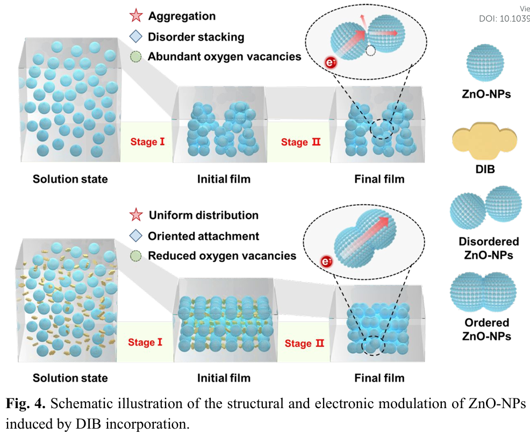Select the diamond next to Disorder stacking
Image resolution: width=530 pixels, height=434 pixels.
coord(137,37)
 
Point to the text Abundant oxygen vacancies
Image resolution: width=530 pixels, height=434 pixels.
coord(225,56)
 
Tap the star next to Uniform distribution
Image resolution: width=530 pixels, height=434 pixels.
coord(137,215)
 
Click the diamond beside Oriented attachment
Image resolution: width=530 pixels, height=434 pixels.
coord(137,236)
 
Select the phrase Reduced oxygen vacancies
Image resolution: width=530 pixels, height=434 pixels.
coord(222,256)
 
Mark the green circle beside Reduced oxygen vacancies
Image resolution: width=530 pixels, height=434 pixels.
coord(137,256)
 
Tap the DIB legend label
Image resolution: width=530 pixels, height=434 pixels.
coord(485,169)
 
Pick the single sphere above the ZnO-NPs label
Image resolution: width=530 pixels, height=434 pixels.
coord(485,64)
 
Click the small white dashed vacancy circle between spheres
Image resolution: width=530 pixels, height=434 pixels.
coord(370,50)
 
